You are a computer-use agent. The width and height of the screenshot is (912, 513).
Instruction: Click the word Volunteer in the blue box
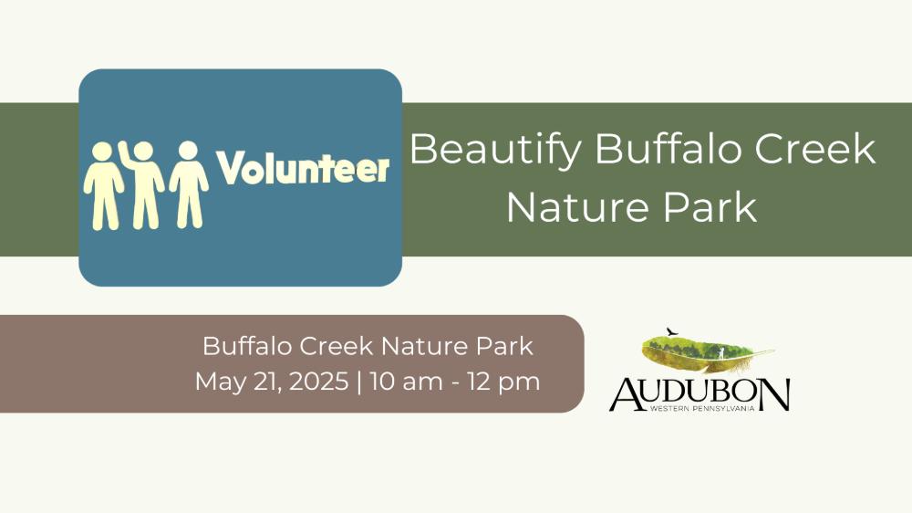[x=303, y=168]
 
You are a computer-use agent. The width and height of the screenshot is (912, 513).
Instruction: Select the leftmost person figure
[x=104, y=186]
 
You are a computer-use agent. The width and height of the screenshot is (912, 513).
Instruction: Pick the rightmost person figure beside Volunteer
[x=189, y=184]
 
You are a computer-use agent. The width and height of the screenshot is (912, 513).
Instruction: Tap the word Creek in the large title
[x=814, y=149]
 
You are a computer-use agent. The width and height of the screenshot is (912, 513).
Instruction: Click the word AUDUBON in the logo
[x=700, y=394]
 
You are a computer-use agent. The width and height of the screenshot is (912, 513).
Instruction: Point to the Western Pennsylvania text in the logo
[x=702, y=409]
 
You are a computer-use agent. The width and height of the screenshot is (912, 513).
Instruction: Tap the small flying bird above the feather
[x=672, y=332]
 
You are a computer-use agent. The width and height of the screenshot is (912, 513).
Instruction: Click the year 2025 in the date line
[x=318, y=382]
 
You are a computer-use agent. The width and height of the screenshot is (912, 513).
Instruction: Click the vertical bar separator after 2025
[x=358, y=382]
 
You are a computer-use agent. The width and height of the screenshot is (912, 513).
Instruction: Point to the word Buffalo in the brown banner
[x=247, y=346]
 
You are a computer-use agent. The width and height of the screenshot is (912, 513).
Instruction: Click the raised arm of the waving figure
[x=125, y=154]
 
